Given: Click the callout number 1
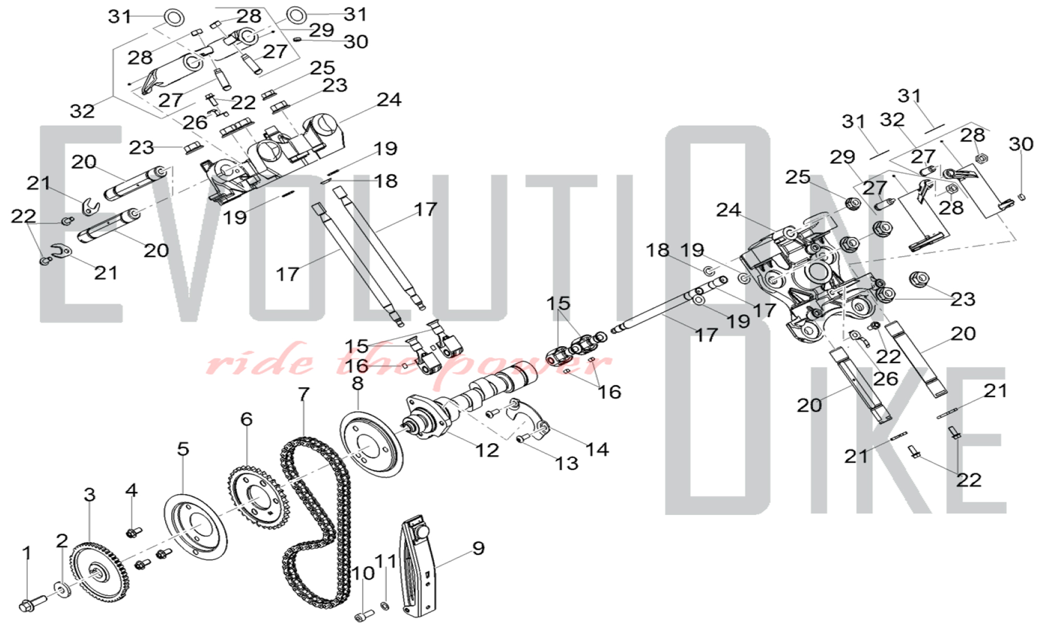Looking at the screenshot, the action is [27, 553].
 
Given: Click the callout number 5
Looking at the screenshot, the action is [183, 449].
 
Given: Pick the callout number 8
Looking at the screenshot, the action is [357, 384].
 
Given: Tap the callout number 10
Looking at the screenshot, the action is [363, 573].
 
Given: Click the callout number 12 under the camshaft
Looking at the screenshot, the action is [487, 450].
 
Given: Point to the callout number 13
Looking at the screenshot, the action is [567, 463].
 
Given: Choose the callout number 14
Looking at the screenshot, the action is [597, 449].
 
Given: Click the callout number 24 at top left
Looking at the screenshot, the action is [389, 100].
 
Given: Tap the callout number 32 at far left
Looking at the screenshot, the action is [82, 111].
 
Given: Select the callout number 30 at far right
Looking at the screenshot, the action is [1021, 144].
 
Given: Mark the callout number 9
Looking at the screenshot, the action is [478, 548].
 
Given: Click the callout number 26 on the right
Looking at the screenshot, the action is [886, 378].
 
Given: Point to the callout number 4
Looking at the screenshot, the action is [131, 490].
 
